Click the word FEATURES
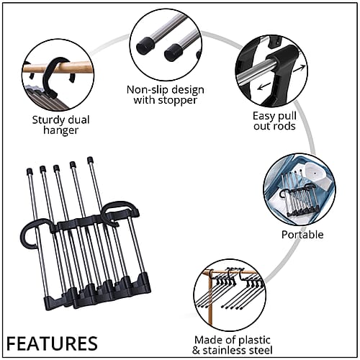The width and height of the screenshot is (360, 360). pyautogui.click(x=52, y=343)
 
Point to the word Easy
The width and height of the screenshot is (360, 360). pyautogui.click(x=264, y=117)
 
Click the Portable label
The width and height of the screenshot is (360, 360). pyautogui.click(x=302, y=235)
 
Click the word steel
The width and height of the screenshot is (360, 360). pyautogui.click(x=261, y=351)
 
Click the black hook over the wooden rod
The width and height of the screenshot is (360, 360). pyautogui.click(x=50, y=78)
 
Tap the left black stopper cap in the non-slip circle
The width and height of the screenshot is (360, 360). pyautogui.click(x=145, y=45)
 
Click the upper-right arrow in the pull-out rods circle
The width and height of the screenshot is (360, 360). pyautogui.click(x=299, y=69)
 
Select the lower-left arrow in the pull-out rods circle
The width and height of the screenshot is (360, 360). pyautogui.click(x=264, y=86)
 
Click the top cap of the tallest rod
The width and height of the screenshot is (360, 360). pyautogui.click(x=90, y=159)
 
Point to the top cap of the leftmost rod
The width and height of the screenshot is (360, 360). pyautogui.click(x=30, y=171)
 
